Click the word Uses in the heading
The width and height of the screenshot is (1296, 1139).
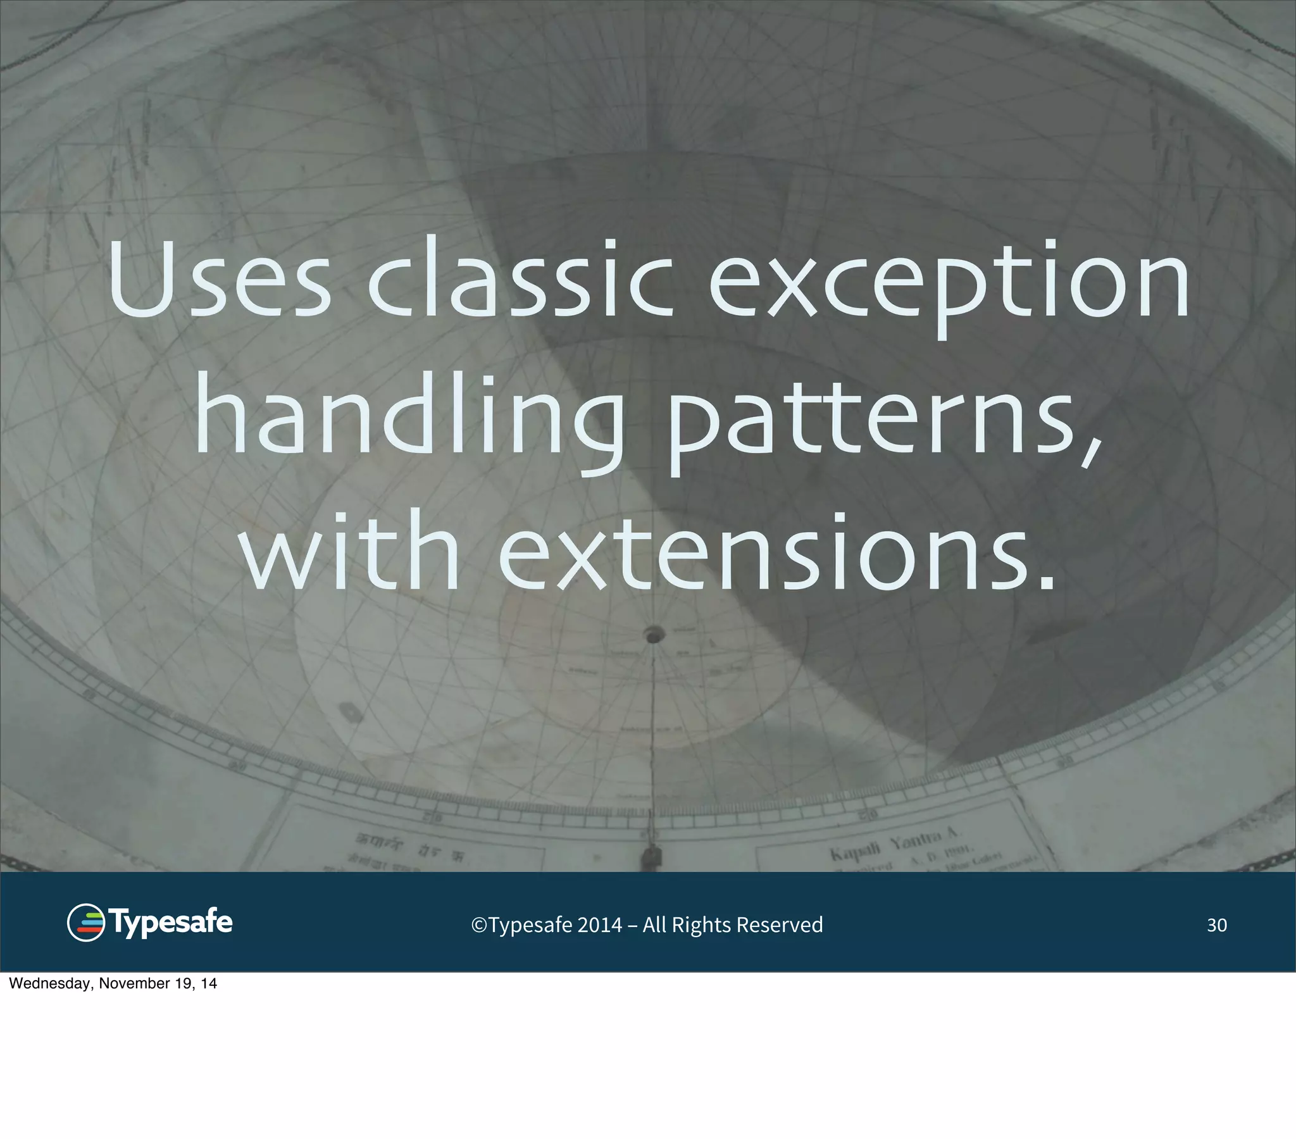pyautogui.click(x=220, y=279)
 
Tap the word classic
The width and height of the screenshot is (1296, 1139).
pyautogui.click(x=520, y=279)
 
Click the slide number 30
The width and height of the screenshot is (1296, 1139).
pyautogui.click(x=1216, y=925)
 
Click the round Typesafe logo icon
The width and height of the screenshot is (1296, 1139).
pyautogui.click(x=85, y=922)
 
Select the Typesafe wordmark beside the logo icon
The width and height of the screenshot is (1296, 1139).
pyautogui.click(x=171, y=922)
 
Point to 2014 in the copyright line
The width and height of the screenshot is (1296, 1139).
pyautogui.click(x=600, y=925)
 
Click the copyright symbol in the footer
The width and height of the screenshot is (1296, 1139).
pyautogui.click(x=478, y=925)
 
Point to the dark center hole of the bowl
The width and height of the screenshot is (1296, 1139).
pyautogui.click(x=654, y=634)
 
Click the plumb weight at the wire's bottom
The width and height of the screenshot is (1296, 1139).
pyautogui.click(x=651, y=857)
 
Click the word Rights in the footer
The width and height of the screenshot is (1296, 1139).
pyautogui.click(x=701, y=925)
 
